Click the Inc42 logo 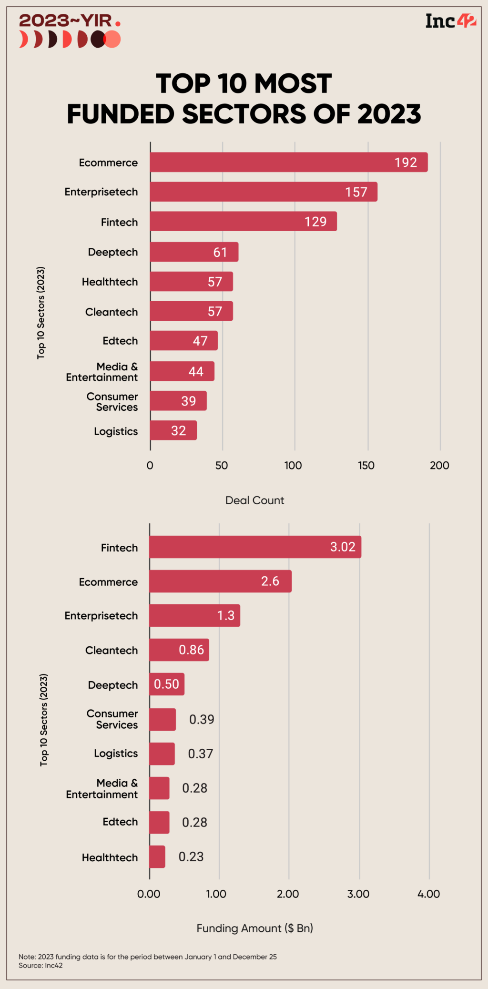coord(450,21)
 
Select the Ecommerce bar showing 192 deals coord(288,162)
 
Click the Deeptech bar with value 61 coord(194,252)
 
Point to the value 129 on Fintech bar coord(315,222)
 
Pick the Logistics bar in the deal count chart coord(173,430)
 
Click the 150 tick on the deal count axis coord(366,466)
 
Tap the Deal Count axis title coord(254,500)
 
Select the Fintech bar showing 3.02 coord(255,547)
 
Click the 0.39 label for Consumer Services coord(202,719)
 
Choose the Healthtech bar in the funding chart coord(157,856)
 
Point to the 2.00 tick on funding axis coord(288,894)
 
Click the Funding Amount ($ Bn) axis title coord(254,928)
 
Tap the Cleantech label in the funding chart coord(112,651)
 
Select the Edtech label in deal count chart coord(120,341)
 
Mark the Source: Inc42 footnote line coord(41,965)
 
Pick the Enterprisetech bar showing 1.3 coord(194,615)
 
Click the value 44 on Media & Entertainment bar coord(196,371)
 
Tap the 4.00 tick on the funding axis coord(428,894)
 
